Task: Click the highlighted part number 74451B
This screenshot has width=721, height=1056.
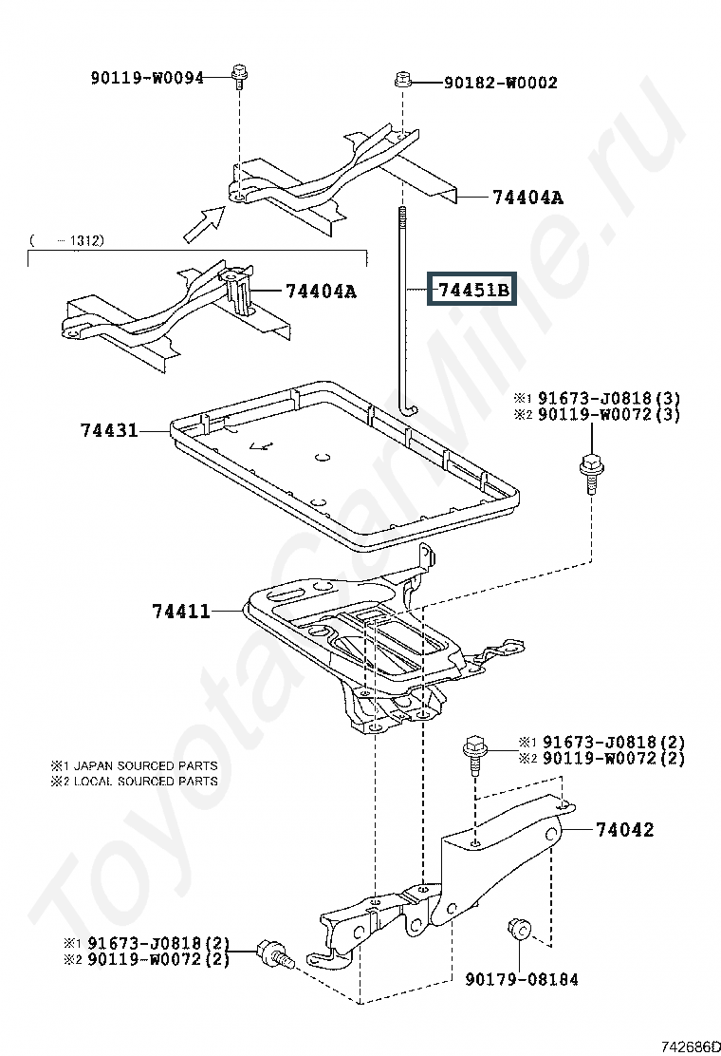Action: [x=473, y=289]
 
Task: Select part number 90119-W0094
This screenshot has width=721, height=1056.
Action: [x=147, y=78]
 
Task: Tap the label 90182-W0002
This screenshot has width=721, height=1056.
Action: [x=500, y=83]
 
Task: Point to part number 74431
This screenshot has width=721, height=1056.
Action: [x=107, y=430]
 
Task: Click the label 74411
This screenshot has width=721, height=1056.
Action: [x=180, y=612]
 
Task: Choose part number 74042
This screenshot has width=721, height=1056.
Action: [x=624, y=829]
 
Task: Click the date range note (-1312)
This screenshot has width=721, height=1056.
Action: [x=67, y=240]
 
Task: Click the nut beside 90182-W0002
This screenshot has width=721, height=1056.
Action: [x=402, y=81]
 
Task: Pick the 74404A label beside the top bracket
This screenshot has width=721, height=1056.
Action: [x=527, y=198]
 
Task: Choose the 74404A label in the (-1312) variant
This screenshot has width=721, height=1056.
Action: [x=321, y=292]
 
